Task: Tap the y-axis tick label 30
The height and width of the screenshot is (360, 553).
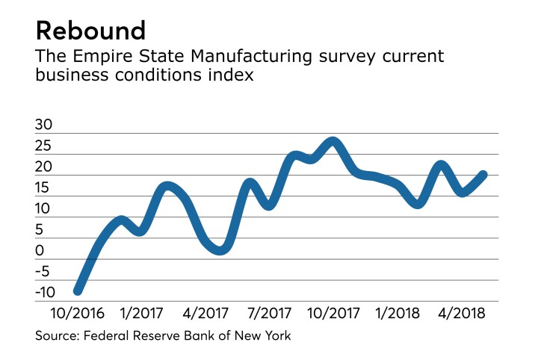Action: coord(44,126)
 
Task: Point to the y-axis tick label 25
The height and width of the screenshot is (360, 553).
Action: coord(44,147)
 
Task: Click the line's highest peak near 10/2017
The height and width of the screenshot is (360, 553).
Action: coord(333,142)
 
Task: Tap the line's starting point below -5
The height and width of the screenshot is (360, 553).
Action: coord(77,290)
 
